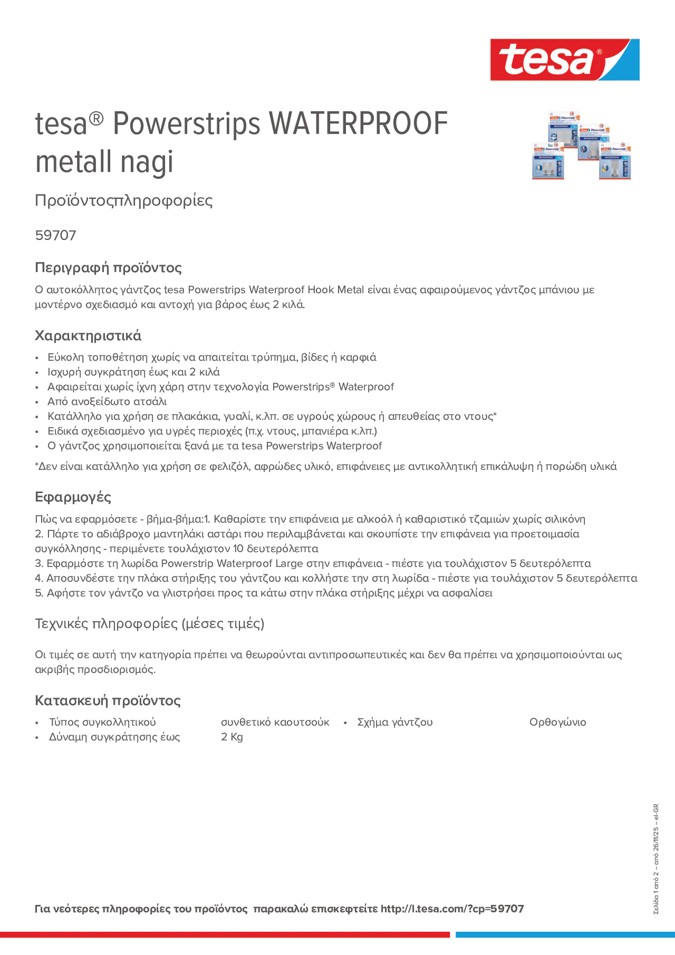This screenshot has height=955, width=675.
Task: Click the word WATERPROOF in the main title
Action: click(358, 124)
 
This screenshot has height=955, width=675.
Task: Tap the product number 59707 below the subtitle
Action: click(55, 235)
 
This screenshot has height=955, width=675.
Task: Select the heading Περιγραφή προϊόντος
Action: click(108, 267)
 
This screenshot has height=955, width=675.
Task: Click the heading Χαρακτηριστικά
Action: click(88, 336)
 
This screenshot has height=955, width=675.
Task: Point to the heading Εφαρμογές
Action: click(73, 497)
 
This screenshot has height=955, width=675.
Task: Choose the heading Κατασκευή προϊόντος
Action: click(107, 700)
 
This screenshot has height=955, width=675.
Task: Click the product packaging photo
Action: click(581, 146)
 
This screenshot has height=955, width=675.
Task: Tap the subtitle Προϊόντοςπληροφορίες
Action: click(124, 201)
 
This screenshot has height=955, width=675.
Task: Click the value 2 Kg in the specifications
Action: click(232, 737)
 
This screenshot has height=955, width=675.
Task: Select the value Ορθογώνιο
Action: click(557, 722)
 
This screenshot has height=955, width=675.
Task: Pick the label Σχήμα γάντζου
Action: click(395, 722)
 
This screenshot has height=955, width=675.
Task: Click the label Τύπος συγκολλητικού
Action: click(102, 722)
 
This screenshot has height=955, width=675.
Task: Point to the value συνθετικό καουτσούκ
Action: click(275, 722)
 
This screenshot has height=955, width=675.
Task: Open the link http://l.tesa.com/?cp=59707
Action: click(452, 909)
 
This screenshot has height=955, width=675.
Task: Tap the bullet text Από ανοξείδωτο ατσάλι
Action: click(107, 402)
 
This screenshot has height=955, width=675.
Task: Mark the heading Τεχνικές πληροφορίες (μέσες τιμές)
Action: click(150, 624)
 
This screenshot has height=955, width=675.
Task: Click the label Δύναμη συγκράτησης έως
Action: click(114, 737)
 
